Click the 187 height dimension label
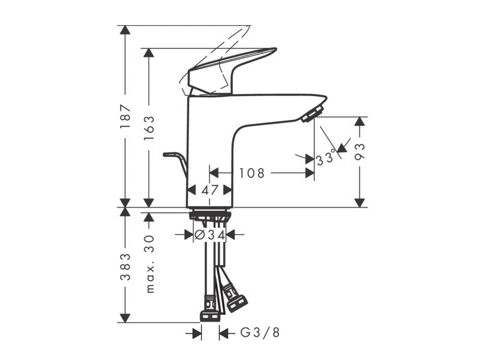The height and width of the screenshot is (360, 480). pos(125,116)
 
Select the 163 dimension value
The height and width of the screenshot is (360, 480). pos(149,127)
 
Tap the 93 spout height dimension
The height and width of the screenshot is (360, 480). pos(360,152)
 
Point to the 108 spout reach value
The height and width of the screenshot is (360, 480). pos(251,173)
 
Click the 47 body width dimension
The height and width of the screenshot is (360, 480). pos(209,190)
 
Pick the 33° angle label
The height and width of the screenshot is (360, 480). pos(326,158)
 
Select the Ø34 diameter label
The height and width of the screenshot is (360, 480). pos(210,235)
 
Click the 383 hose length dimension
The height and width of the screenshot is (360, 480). pos(125,266)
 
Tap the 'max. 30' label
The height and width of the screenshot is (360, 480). pos(149,264)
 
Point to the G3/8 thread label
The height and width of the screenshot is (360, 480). pos(260,333)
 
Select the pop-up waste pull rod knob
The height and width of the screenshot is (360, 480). pos(169,154)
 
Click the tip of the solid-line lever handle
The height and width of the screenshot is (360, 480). pos(275,49)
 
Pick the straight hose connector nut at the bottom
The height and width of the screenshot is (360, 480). pos(210,317)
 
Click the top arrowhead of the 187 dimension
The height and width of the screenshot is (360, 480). pos(125,29)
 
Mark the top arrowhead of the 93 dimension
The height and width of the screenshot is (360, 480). pos(359,121)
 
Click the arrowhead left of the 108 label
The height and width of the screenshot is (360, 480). pos(214,173)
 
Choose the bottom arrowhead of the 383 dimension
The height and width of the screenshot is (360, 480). pos(125,318)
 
